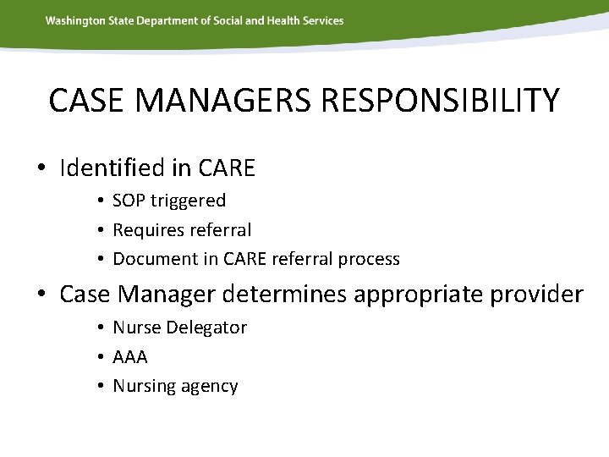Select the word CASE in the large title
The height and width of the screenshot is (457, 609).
click(84, 100)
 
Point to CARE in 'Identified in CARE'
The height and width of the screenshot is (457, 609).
click(226, 168)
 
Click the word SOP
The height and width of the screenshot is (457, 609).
click(129, 201)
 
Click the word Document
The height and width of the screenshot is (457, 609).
click(150, 258)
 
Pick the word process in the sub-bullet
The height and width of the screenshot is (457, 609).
click(368, 258)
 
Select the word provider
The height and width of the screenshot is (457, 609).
click(537, 295)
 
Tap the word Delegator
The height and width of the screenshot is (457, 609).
click(208, 328)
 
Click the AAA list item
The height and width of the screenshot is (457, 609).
click(129, 357)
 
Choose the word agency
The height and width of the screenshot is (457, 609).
click(210, 387)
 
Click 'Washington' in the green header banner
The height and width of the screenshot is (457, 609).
click(74, 20)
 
